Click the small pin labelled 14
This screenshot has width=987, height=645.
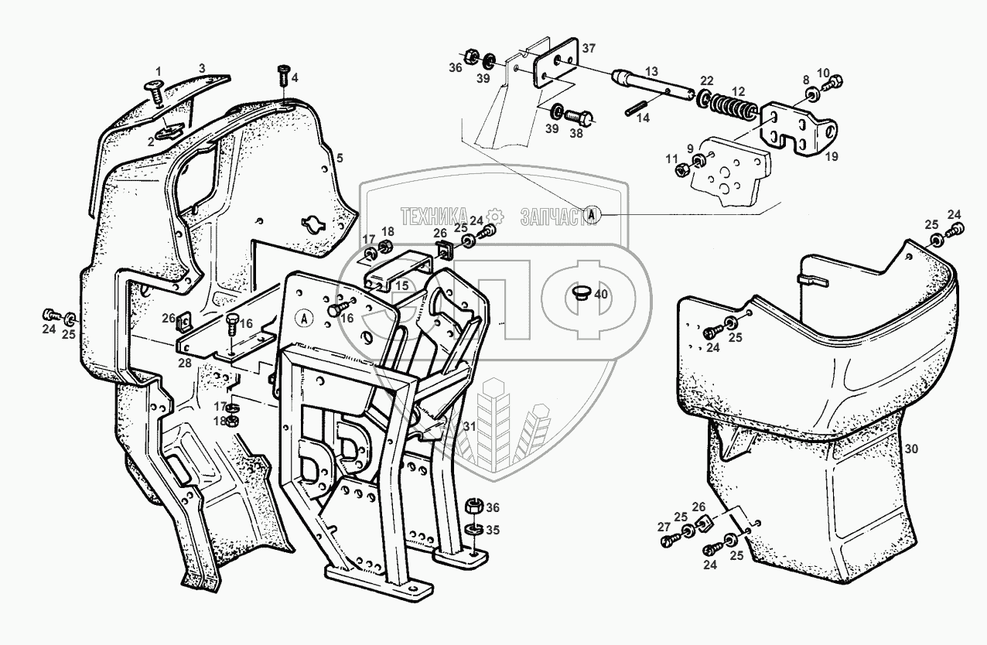pos(634,107)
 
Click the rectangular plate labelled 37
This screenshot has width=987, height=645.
pos(552,63)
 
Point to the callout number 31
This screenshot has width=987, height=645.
pos(469,425)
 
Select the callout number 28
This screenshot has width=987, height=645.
pos(185,363)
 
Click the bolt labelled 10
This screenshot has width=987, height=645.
pos(835,82)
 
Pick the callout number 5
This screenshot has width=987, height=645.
pos(339,158)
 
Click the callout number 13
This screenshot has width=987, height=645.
pos(653,71)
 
